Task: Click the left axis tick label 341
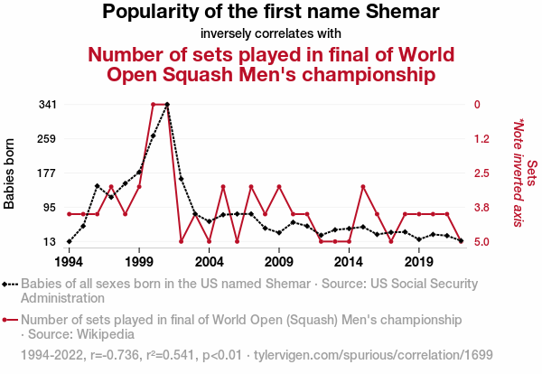tap(48, 105)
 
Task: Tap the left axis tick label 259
tap(48, 139)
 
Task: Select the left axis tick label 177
tap(48, 173)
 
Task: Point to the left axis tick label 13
tap(51, 242)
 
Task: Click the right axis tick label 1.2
tap(482, 139)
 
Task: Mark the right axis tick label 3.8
tap(482, 208)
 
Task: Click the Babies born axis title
tap(10, 173)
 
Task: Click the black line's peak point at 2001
tap(167, 105)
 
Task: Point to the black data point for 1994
tap(70, 241)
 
